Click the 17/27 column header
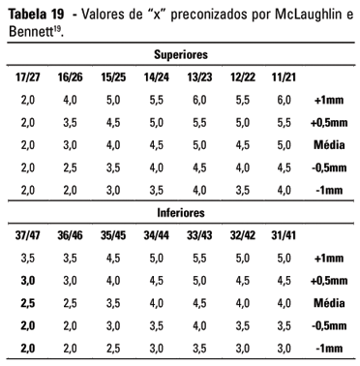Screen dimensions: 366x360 (x=27, y=76)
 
